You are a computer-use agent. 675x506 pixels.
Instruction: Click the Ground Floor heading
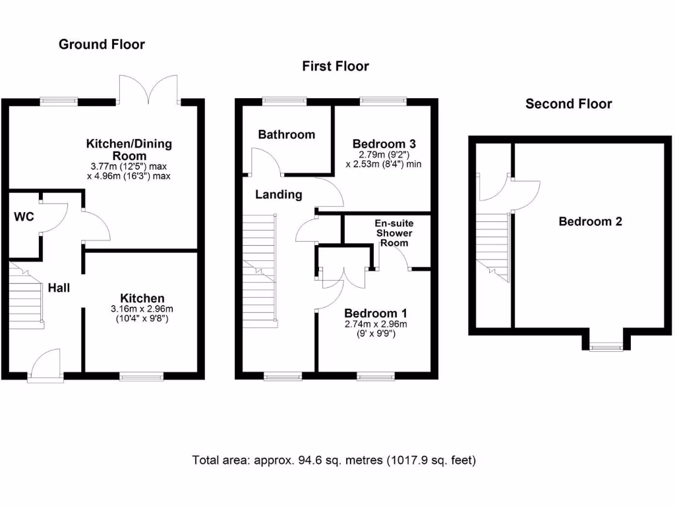point(102,44)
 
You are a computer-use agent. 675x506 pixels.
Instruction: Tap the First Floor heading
point(336,67)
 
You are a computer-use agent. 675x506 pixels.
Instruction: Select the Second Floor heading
point(568,103)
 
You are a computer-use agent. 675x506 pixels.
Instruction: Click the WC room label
point(24,216)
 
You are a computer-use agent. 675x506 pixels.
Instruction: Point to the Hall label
point(59,288)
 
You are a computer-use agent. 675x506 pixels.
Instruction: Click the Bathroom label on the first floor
point(287,134)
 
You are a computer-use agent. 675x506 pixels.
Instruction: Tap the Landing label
point(279,194)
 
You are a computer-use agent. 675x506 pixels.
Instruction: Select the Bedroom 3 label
point(384,144)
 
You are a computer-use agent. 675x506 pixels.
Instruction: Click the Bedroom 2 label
point(590,221)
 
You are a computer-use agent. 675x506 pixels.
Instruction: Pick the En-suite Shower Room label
point(394,233)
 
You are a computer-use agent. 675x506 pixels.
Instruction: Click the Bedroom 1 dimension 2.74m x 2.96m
point(376,324)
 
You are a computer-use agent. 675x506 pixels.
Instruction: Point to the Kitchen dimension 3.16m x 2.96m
point(142,309)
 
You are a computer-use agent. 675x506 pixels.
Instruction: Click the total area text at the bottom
point(334,461)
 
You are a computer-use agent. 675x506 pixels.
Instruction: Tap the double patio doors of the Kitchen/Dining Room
point(148,90)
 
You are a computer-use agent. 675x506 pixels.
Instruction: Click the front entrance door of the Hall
point(45,364)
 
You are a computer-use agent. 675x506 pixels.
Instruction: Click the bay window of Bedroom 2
point(606,347)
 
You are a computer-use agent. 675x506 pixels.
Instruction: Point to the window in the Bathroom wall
point(285,101)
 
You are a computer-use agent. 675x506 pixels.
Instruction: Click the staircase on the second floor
point(492,248)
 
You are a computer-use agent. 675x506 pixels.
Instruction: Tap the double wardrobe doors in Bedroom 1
point(343,277)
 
